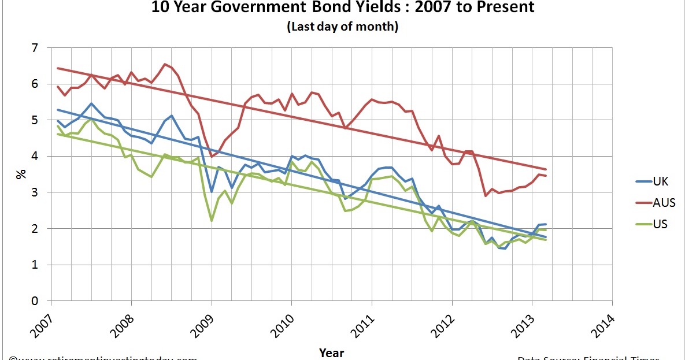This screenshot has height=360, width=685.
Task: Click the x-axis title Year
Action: tap(331, 352)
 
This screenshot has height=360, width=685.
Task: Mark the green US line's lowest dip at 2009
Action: tap(212, 221)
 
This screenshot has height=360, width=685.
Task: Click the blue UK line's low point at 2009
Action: tap(212, 191)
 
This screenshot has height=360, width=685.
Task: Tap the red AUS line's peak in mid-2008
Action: tap(165, 64)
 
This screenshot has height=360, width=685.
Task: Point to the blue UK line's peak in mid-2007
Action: tap(91, 103)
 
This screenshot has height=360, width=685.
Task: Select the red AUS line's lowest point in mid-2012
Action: tap(486, 196)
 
